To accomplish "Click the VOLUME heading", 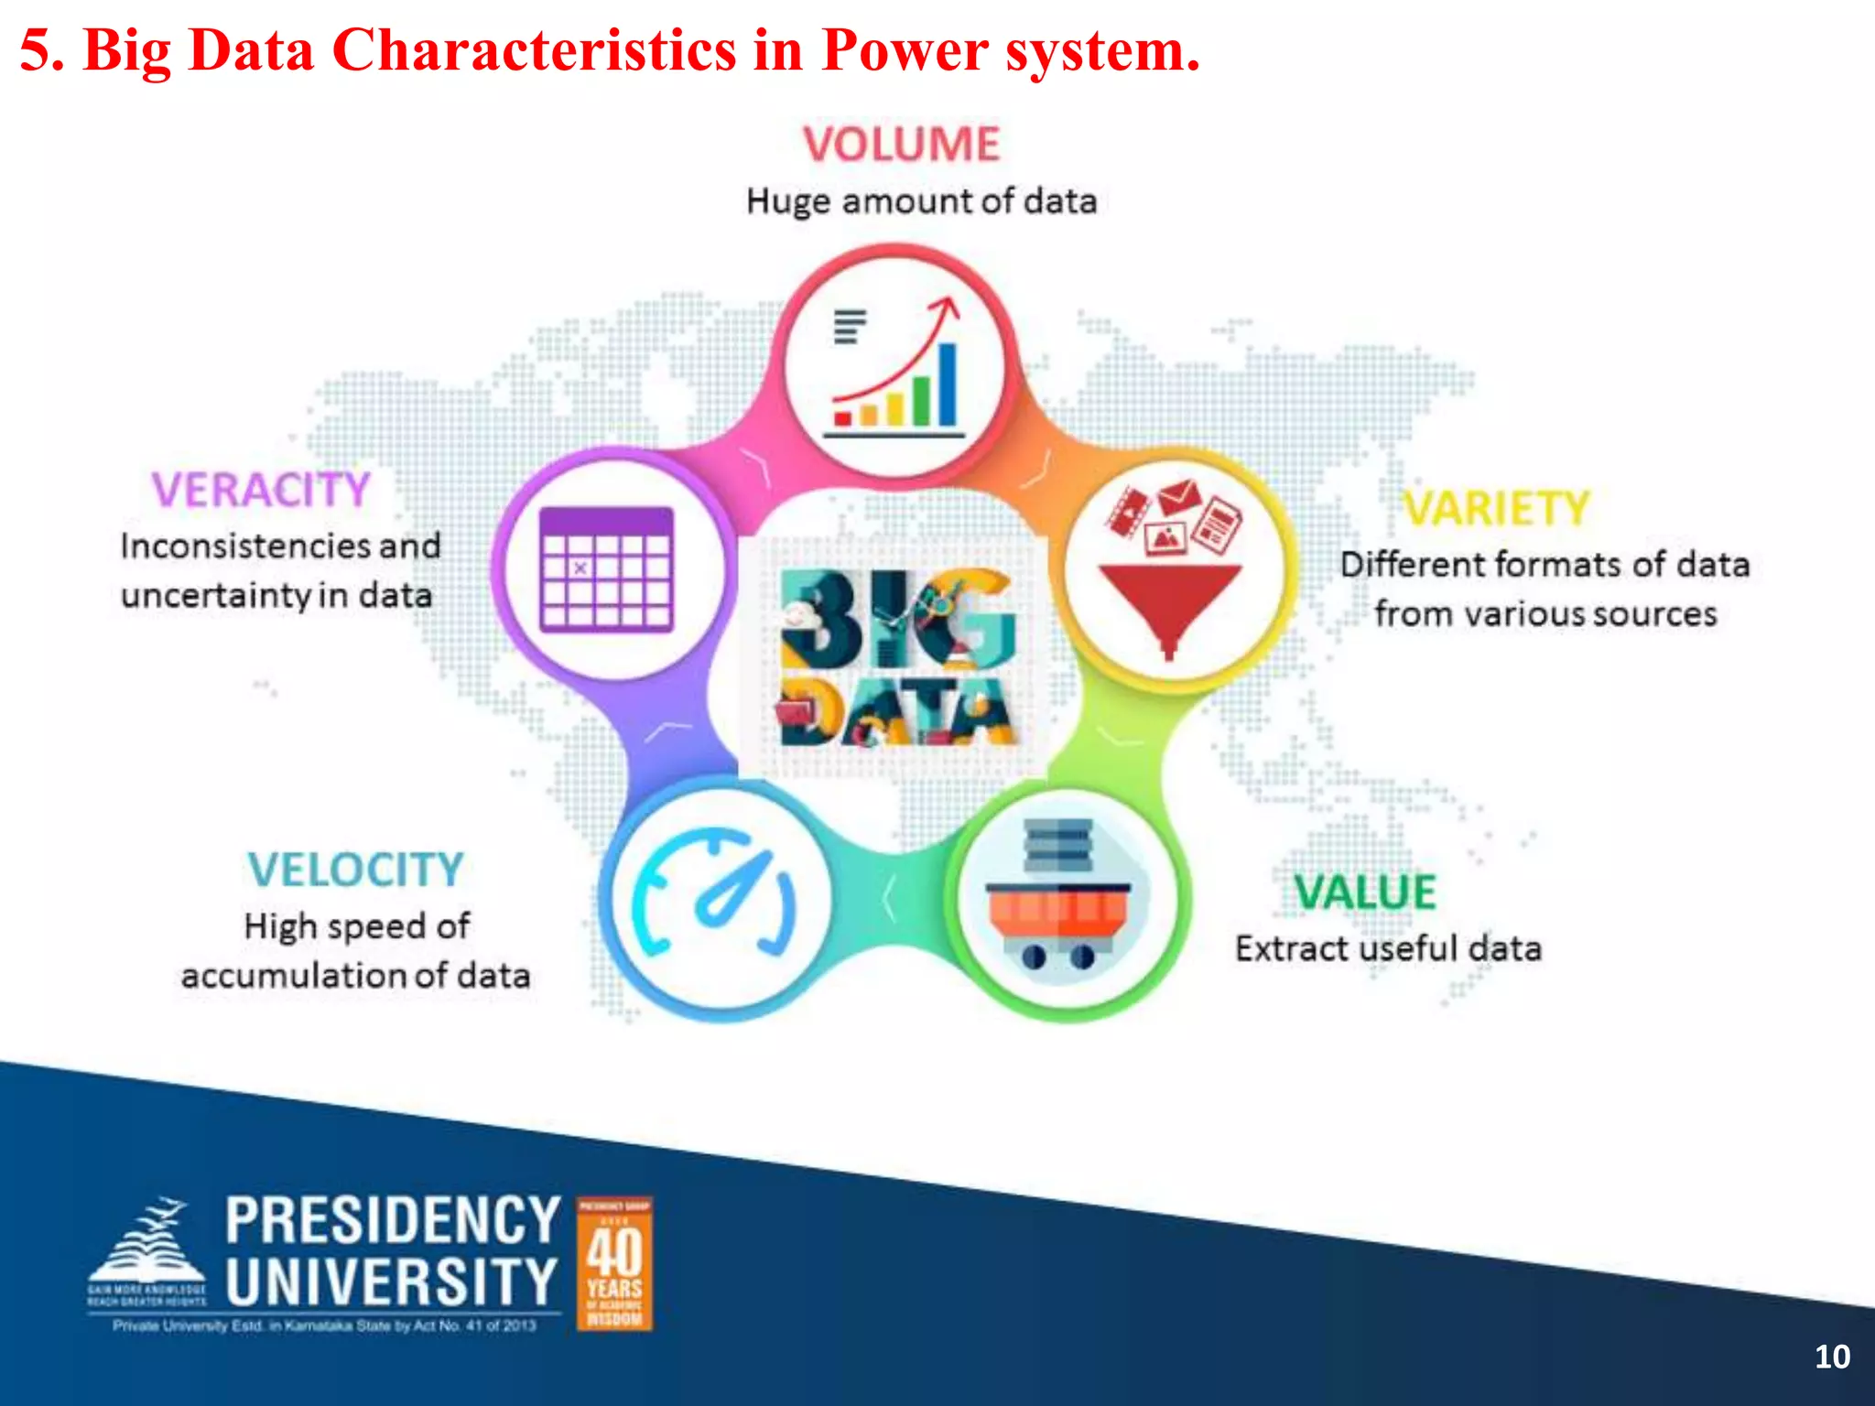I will pos(902,145).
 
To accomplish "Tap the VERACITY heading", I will pos(261,490).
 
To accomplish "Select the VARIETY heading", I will pos(1498,509).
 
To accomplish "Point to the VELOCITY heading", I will pos(355,870).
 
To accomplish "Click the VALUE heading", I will pos(1365,892).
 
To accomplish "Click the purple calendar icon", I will pos(607,568).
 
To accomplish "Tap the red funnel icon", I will pos(1170,595).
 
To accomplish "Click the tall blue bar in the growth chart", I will pos(948,384).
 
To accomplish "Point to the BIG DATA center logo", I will pos(895,657).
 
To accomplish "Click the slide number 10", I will pos(1832,1357).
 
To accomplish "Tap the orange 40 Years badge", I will pos(614,1263).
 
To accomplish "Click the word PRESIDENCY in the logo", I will pos(393,1220).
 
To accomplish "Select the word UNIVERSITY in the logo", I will pos(392,1282).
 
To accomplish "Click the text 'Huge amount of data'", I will pos(921,201).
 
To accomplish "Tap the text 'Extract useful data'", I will pos(1388,948).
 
